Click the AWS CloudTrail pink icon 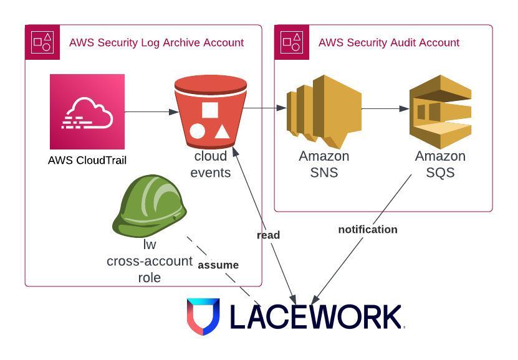click(x=87, y=111)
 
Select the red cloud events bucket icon click(x=210, y=111)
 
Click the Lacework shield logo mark click(x=203, y=316)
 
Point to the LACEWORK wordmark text click(x=316, y=316)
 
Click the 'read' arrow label click(x=268, y=235)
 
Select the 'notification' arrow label click(x=367, y=229)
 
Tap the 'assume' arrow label click(x=218, y=265)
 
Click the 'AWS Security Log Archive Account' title click(x=156, y=42)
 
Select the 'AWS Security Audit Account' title click(x=388, y=42)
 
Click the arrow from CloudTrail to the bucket click(x=151, y=112)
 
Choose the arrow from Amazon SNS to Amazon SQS click(x=385, y=109)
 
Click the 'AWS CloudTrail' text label click(x=87, y=160)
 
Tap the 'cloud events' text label click(x=211, y=164)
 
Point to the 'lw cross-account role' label click(x=149, y=261)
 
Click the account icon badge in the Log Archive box click(x=42, y=42)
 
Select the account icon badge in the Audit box click(x=292, y=42)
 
